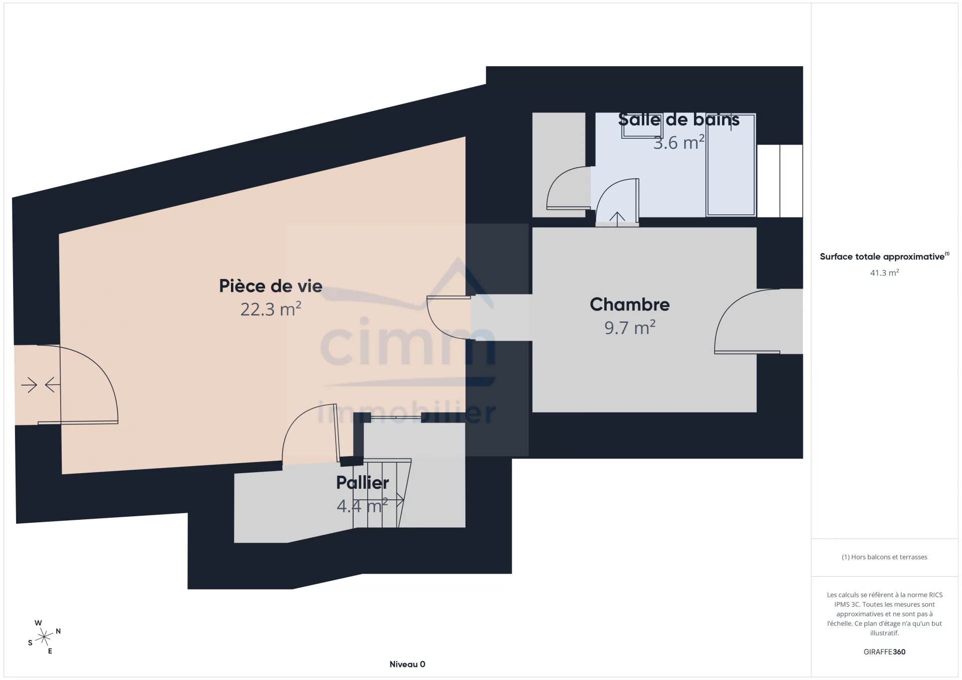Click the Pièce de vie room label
[x=271, y=286]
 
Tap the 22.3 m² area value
[x=271, y=309]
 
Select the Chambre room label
[x=630, y=304]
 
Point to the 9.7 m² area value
[x=630, y=327]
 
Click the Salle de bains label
[x=679, y=119]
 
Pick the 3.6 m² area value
[x=679, y=142]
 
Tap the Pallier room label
[x=362, y=483]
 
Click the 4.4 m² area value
[x=362, y=506]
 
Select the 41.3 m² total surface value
[x=884, y=273]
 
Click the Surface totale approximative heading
[x=884, y=256]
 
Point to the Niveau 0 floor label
[x=407, y=664]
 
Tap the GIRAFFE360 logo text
[x=884, y=651]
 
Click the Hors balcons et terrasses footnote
[x=884, y=557]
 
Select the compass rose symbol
[x=44, y=637]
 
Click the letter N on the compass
[x=58, y=631]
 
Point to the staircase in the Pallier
[x=382, y=493]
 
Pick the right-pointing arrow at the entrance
[x=29, y=385]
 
